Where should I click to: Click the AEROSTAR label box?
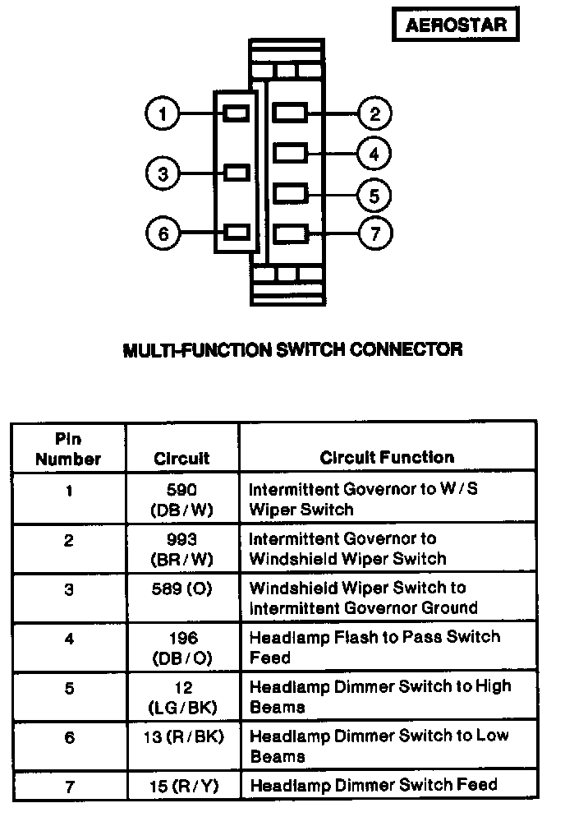(x=455, y=24)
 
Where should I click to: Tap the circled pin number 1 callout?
(x=163, y=113)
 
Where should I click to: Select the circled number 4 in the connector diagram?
(x=374, y=155)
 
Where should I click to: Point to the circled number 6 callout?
(x=163, y=233)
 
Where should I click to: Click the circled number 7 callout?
(x=375, y=233)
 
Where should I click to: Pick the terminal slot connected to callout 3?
(x=237, y=173)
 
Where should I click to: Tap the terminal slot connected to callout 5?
(x=290, y=194)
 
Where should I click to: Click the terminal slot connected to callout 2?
(x=290, y=113)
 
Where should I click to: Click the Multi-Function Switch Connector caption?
(x=292, y=349)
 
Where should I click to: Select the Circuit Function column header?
(x=387, y=458)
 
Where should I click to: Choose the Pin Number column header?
(x=68, y=449)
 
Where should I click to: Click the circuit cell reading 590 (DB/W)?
(x=181, y=499)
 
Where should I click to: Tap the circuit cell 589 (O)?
(x=181, y=589)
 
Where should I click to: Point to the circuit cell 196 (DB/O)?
(x=183, y=648)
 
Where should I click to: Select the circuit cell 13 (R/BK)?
(x=183, y=736)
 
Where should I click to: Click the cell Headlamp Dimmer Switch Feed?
(x=374, y=785)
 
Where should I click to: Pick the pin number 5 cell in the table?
(x=69, y=688)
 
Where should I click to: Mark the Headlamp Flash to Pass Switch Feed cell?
(x=375, y=647)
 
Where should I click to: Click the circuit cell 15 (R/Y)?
(x=184, y=786)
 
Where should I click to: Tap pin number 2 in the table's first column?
(x=69, y=540)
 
